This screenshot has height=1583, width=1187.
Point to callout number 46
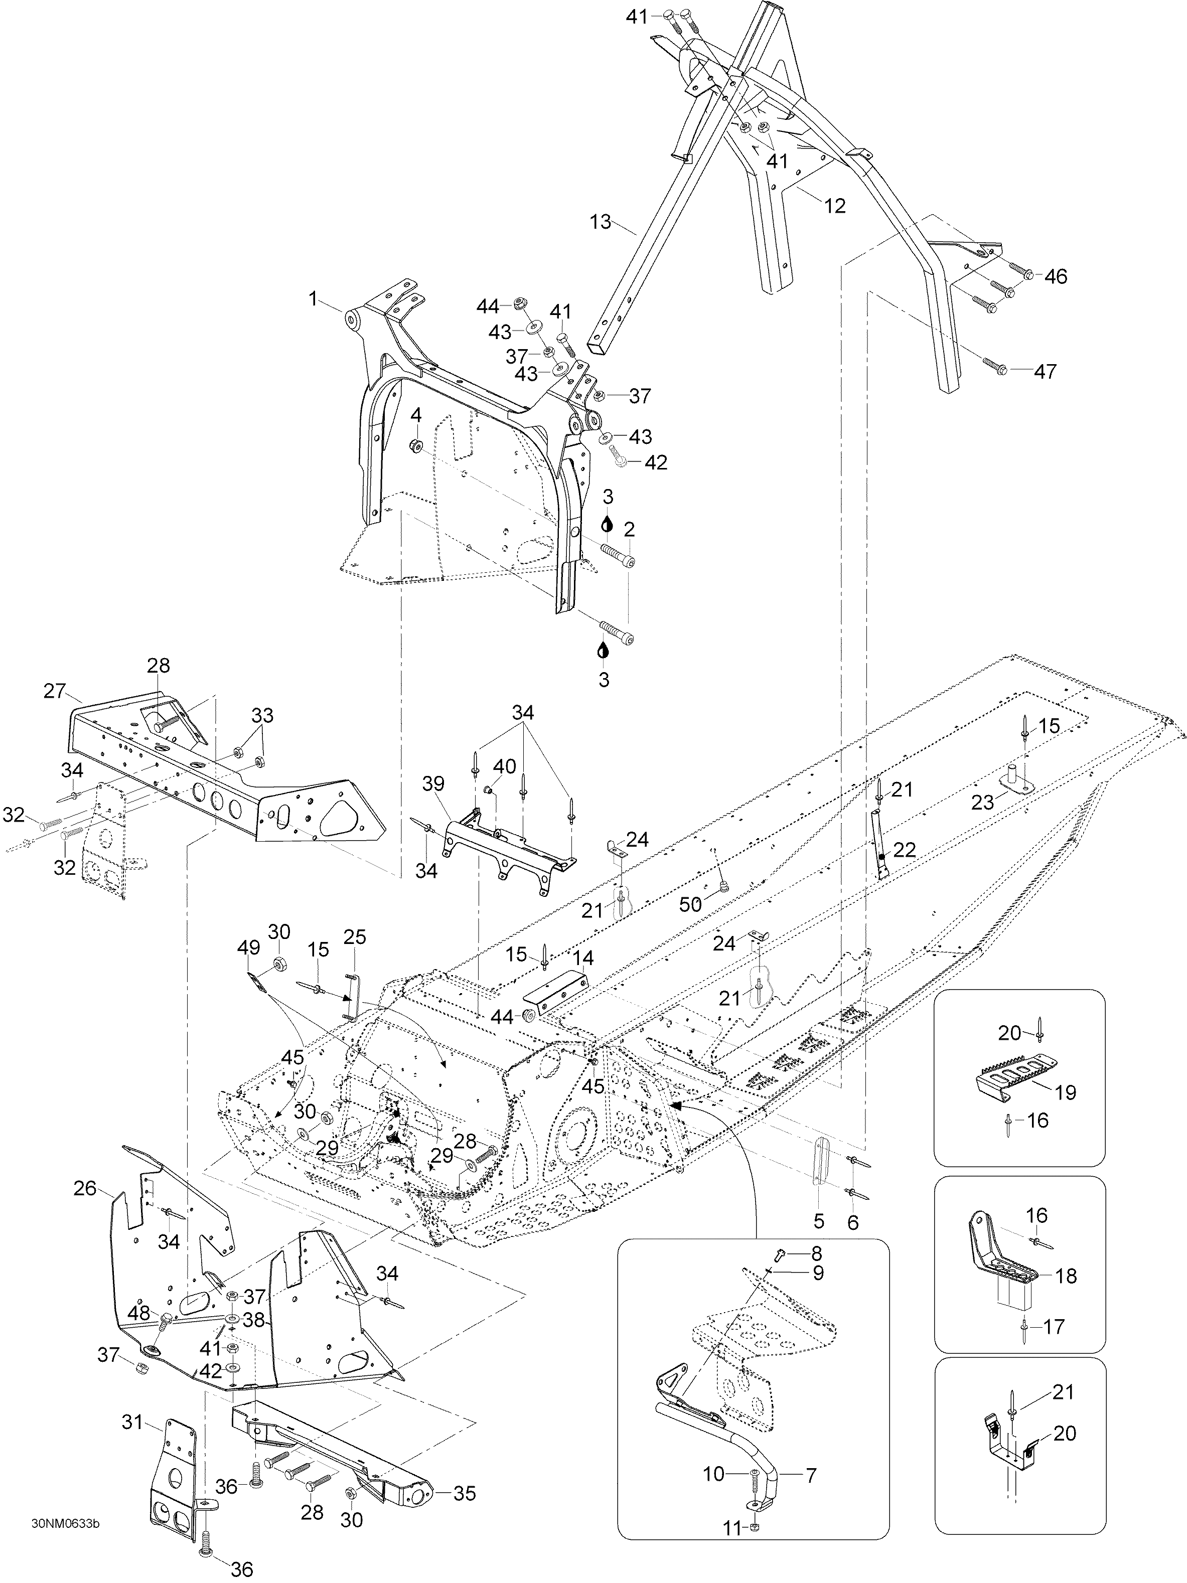(x=1056, y=276)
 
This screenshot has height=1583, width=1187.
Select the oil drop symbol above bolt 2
(x=607, y=523)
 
